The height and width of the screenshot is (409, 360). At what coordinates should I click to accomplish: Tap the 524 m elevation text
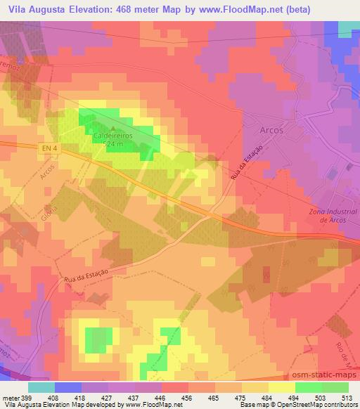113,144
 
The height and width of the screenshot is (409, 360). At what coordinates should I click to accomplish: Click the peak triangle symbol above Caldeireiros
113,127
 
